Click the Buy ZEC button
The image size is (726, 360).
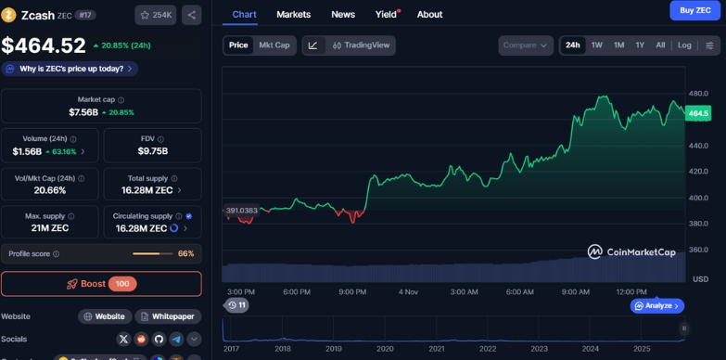[x=694, y=10]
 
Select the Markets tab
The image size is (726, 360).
[x=294, y=15]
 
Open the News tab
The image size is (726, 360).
[x=343, y=15]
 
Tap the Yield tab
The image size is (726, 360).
[x=386, y=15]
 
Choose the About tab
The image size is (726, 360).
[x=429, y=15]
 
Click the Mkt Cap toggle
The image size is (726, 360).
[x=274, y=45]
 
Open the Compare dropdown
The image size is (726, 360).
[x=526, y=45]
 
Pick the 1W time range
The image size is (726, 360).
[x=597, y=45]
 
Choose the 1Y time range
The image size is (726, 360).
[x=640, y=45]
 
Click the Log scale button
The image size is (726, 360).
[x=684, y=45]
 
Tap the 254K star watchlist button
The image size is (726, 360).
[x=156, y=15]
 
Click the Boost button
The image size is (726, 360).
[x=101, y=284]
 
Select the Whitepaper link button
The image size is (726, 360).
[x=168, y=316]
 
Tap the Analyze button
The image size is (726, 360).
[x=656, y=305]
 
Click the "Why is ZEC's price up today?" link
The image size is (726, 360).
[x=70, y=69]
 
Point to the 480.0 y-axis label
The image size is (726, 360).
[x=698, y=94]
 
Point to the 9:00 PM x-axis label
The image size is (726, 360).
[x=352, y=291]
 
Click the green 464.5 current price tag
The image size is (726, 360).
[x=698, y=113]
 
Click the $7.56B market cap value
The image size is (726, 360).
[x=83, y=112]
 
